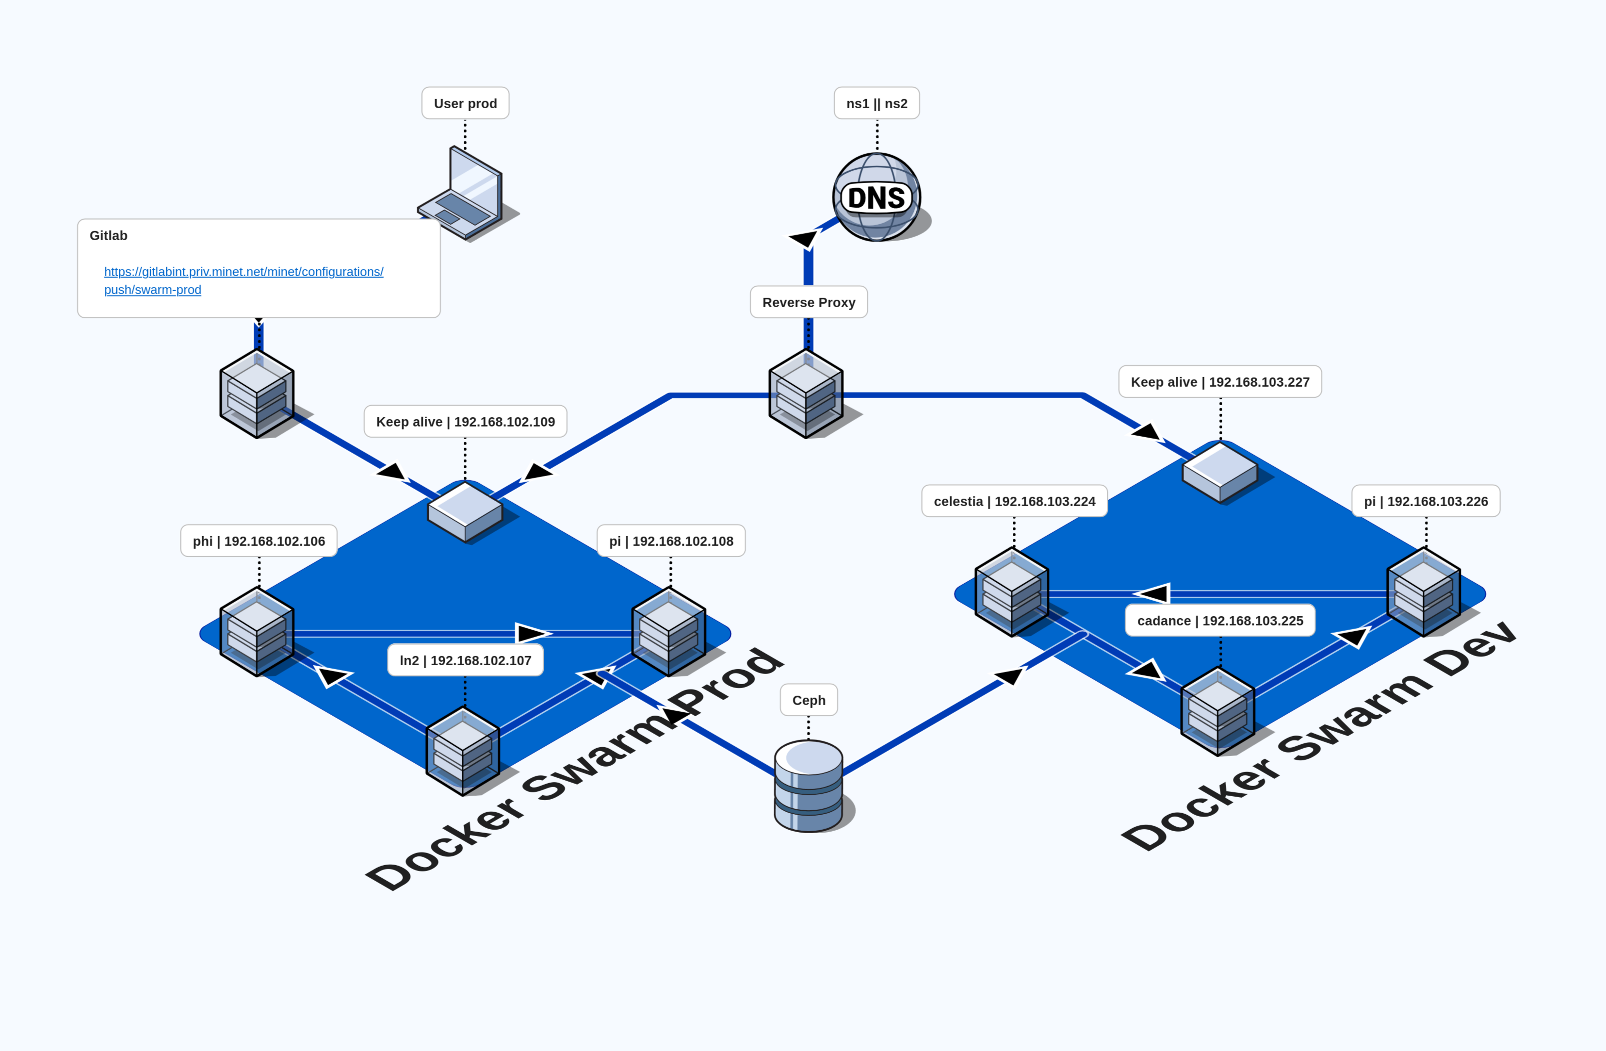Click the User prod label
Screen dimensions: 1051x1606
pos(465,103)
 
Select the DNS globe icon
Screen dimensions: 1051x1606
pos(876,197)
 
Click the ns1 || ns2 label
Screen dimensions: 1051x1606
pos(876,103)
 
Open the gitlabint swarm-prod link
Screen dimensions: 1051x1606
pos(243,272)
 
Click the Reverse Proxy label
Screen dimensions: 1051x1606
pos(809,302)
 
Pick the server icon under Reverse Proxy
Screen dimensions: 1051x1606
pos(806,394)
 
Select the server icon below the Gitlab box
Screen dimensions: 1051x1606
pos(257,394)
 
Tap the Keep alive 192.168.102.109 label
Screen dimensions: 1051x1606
pos(465,422)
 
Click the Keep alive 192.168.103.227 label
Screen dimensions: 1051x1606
pos(1219,382)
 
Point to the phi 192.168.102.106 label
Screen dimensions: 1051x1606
pos(259,542)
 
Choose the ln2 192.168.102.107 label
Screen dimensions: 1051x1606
pos(465,660)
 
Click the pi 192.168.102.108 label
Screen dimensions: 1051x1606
pos(671,542)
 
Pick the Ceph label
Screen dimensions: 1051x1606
pos(809,700)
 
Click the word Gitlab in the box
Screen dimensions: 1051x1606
pos(109,236)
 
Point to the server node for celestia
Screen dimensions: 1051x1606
pos(1011,592)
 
